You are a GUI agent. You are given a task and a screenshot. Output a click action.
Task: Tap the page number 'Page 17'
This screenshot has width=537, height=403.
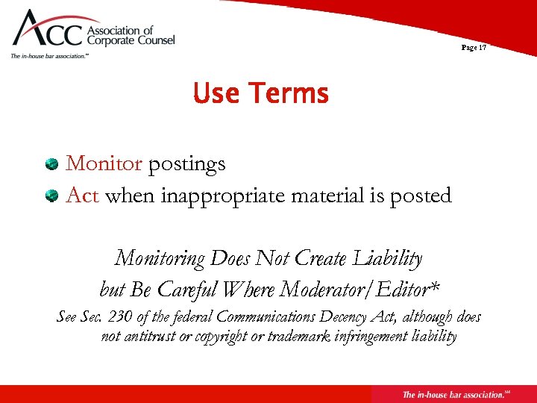(x=474, y=47)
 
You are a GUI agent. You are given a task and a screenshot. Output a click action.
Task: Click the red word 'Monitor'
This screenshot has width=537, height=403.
(x=104, y=163)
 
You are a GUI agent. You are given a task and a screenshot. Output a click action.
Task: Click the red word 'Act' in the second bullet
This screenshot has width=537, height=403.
(x=83, y=196)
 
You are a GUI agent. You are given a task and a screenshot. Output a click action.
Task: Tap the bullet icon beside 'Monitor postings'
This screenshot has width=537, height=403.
(x=51, y=163)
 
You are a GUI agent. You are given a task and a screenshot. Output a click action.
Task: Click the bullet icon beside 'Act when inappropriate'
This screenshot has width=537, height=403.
(x=51, y=196)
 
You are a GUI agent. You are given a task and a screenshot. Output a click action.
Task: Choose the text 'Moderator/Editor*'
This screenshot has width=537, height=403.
(x=366, y=288)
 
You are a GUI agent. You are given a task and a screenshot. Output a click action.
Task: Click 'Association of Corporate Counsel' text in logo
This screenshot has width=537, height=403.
(x=131, y=36)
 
